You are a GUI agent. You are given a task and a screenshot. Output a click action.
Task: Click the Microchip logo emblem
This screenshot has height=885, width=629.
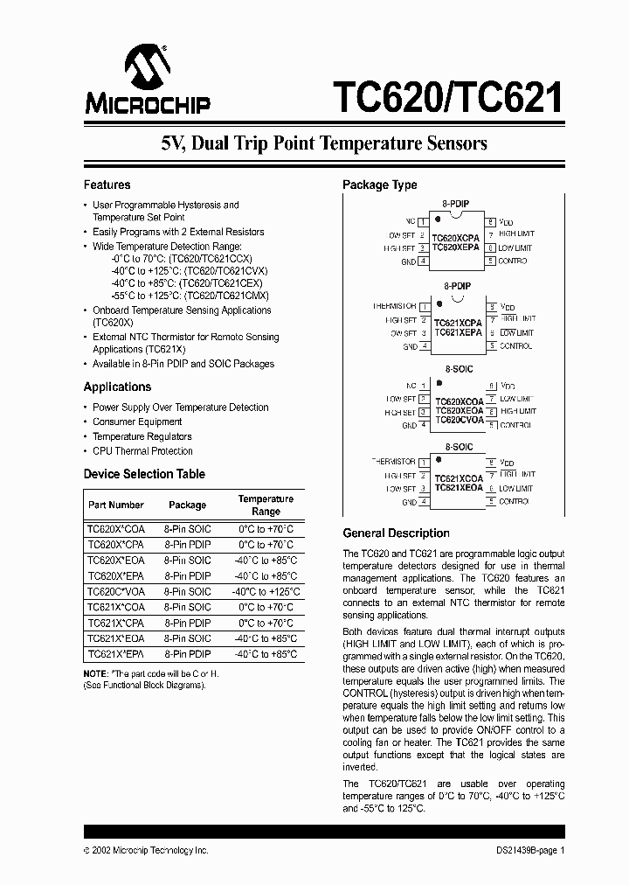(146, 67)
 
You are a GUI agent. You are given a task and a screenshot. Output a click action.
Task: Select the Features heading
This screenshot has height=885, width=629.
(107, 185)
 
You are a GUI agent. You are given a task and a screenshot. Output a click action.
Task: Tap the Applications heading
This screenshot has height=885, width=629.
(117, 387)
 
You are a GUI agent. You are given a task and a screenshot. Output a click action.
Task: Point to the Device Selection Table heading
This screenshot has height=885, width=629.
(144, 474)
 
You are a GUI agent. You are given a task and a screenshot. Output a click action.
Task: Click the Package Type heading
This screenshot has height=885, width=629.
(379, 185)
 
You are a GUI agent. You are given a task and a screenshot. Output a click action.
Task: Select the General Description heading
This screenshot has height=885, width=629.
(396, 533)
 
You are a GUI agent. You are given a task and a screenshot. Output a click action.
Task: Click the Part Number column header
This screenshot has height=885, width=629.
(116, 505)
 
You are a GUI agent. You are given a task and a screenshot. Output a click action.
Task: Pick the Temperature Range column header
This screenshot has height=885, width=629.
(266, 505)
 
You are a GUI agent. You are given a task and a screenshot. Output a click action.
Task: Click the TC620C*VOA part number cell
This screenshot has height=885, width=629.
(116, 591)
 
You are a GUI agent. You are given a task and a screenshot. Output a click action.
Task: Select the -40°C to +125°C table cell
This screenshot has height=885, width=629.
(266, 591)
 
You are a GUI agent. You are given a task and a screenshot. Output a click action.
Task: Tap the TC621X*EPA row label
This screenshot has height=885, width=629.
(116, 653)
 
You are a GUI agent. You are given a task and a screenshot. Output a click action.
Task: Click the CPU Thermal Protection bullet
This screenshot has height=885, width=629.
(142, 451)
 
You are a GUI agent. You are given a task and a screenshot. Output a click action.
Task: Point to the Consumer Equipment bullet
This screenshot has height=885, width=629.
(137, 422)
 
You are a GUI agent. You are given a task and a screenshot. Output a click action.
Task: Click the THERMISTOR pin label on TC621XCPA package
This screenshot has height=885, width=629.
(394, 306)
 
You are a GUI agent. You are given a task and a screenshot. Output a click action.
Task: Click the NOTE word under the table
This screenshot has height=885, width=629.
(94, 672)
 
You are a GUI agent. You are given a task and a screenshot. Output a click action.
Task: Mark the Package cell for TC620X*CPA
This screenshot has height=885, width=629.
(187, 544)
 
